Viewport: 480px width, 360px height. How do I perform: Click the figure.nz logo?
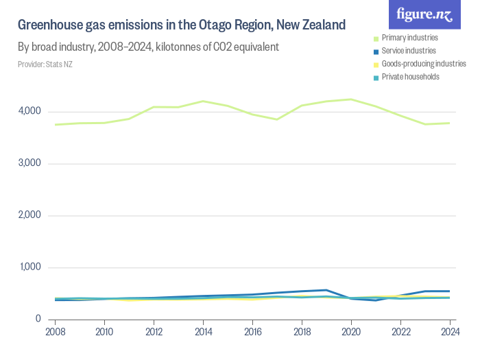[424, 14]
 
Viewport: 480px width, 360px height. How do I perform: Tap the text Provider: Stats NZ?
[45, 64]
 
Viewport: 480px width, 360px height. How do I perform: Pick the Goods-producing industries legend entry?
[423, 64]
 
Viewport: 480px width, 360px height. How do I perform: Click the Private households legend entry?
[410, 77]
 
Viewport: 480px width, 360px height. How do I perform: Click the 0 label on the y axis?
[38, 319]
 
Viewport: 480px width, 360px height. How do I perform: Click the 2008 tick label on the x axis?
[55, 333]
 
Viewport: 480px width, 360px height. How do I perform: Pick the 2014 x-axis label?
[203, 333]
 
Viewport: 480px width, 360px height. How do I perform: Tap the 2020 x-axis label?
[351, 333]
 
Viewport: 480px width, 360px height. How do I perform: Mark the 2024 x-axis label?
[449, 333]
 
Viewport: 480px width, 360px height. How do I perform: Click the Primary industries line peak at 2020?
[351, 99]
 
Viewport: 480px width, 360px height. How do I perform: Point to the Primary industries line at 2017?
[277, 119]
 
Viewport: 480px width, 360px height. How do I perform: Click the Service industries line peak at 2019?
[326, 290]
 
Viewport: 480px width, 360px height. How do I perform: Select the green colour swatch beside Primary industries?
[375, 38]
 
